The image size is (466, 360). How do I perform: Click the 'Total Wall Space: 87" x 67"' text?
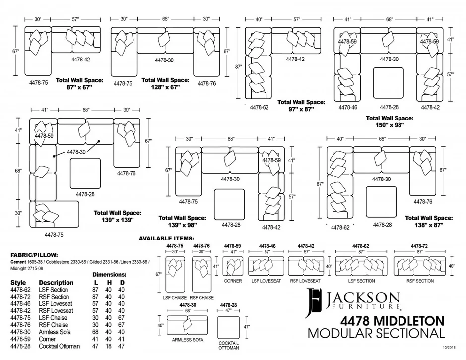coord(79,83)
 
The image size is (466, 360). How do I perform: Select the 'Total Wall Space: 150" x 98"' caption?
coord(389,121)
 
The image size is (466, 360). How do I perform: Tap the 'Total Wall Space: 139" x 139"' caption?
coord(118,216)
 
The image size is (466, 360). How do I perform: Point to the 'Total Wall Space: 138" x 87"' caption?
coord(429,221)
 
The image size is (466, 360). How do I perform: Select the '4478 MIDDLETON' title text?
coord(392,321)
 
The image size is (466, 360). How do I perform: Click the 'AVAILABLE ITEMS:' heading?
coord(166,238)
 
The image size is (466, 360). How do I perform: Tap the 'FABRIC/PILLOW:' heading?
coord(34,255)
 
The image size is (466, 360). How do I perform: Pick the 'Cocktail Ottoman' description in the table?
coord(59,346)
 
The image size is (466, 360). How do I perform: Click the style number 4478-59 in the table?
coord(20,339)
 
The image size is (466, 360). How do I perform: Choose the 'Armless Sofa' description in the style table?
coord(55,332)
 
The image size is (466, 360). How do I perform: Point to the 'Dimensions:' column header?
coord(109,274)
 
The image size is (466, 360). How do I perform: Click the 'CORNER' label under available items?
coord(233,281)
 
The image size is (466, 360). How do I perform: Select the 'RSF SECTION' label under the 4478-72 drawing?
coord(420,281)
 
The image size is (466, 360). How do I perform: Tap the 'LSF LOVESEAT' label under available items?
coord(266,281)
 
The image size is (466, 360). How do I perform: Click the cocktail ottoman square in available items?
coord(229,327)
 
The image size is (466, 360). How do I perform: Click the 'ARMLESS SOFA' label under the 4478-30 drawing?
coord(188,340)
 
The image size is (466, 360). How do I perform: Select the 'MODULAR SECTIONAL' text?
coord(376,333)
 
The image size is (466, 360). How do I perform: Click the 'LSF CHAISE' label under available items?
coord(175,298)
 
